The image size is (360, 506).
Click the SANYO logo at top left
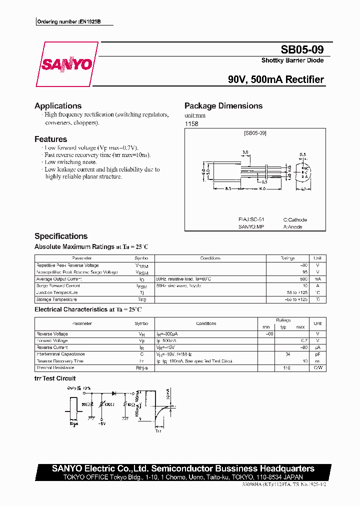tap(66, 64)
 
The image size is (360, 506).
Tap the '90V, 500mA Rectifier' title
tap(275, 79)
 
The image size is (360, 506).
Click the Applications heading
tap(58, 106)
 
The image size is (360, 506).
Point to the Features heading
tap(50, 139)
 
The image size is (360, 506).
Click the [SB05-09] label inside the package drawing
tap(255, 133)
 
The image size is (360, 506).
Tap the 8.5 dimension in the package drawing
tap(227, 188)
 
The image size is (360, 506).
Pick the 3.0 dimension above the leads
tap(245, 152)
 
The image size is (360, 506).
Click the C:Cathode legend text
tap(295, 220)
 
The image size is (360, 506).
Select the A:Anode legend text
tap(292, 227)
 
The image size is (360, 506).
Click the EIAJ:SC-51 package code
tap(251, 220)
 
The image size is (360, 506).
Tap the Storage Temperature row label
tap(56, 299)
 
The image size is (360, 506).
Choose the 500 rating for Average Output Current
tap(303, 279)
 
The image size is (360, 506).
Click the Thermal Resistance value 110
tap(286, 368)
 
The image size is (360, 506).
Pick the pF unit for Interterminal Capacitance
tap(317, 354)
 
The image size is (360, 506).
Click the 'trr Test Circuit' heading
tap(55, 378)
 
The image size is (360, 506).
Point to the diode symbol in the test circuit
tap(113, 393)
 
